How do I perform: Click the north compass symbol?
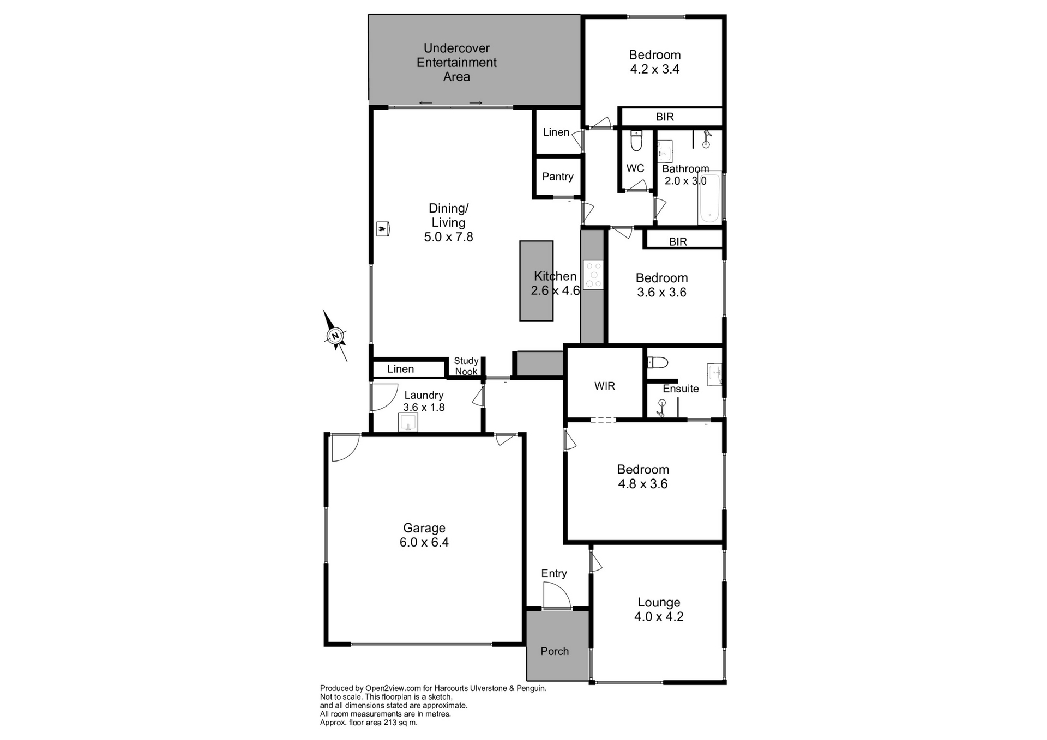coord(335,336)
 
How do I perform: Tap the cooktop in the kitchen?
coord(594,275)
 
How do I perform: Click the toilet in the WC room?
coord(636,141)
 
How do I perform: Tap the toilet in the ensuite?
coord(657,362)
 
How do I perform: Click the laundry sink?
coord(408,422)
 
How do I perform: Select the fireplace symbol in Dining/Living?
coord(383,229)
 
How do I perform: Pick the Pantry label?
coord(557,177)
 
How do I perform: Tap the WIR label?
coord(605,386)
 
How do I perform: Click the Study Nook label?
coord(466,366)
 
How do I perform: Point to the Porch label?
coord(555,651)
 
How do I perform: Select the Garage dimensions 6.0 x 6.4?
coord(424,542)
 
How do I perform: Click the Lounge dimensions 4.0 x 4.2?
coord(659,616)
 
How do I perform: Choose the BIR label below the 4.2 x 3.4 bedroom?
coord(665,117)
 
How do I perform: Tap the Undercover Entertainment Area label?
coord(456,63)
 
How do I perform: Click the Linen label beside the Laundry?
coord(400,369)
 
